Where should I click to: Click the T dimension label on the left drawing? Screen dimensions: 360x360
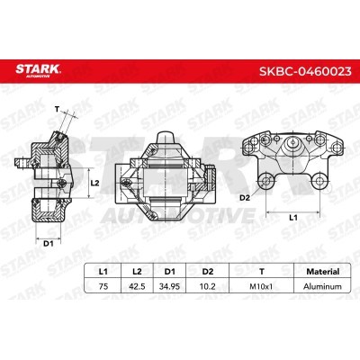coord(56,111)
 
